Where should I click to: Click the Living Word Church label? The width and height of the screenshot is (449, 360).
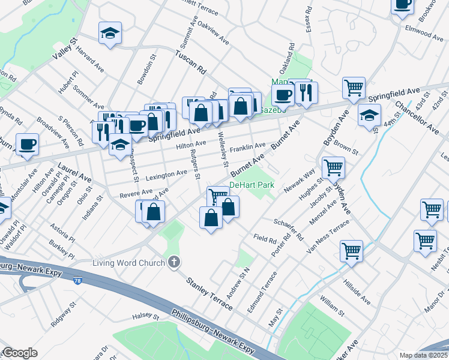[x=128, y=262]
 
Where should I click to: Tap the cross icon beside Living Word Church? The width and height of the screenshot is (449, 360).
[x=174, y=262]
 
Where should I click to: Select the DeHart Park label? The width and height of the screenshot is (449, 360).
[x=252, y=185]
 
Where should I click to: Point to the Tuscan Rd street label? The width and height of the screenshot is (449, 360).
[x=190, y=62]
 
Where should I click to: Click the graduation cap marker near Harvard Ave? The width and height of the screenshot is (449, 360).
[x=110, y=34]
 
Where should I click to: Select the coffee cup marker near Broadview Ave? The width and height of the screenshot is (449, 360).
[x=27, y=144]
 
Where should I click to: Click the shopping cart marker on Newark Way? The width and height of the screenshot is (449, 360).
[x=333, y=168]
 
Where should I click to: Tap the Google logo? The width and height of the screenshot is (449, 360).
[x=19, y=353]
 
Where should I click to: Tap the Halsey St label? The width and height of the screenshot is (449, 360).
[x=145, y=316]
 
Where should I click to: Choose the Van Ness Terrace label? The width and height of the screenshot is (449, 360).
[x=327, y=236]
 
